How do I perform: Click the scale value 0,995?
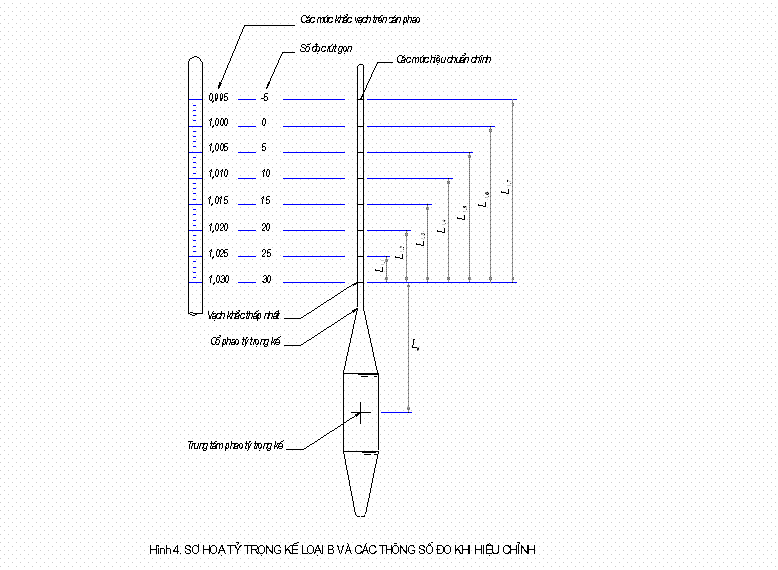coord(219,98)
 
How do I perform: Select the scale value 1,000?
coord(219,123)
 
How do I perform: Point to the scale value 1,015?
coord(219,201)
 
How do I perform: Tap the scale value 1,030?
coord(219,280)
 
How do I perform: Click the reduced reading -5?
coord(264,98)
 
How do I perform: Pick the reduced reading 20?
coord(265,228)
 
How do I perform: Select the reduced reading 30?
coord(265,280)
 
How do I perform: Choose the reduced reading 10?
coord(265,174)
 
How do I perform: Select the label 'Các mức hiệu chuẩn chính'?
coord(443,60)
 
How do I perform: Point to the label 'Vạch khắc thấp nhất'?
coord(245,315)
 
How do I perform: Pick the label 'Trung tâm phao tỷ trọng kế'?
coord(236,446)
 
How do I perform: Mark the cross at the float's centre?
coord(361,411)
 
